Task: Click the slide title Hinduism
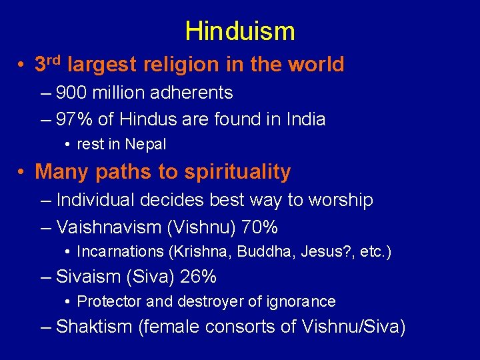tap(239, 31)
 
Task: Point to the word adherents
tap(193, 93)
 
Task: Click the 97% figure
tap(75, 119)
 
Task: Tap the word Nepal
tap(145, 144)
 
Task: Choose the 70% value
tap(260, 227)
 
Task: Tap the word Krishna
tap(198, 251)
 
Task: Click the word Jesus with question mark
tap(323, 251)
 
